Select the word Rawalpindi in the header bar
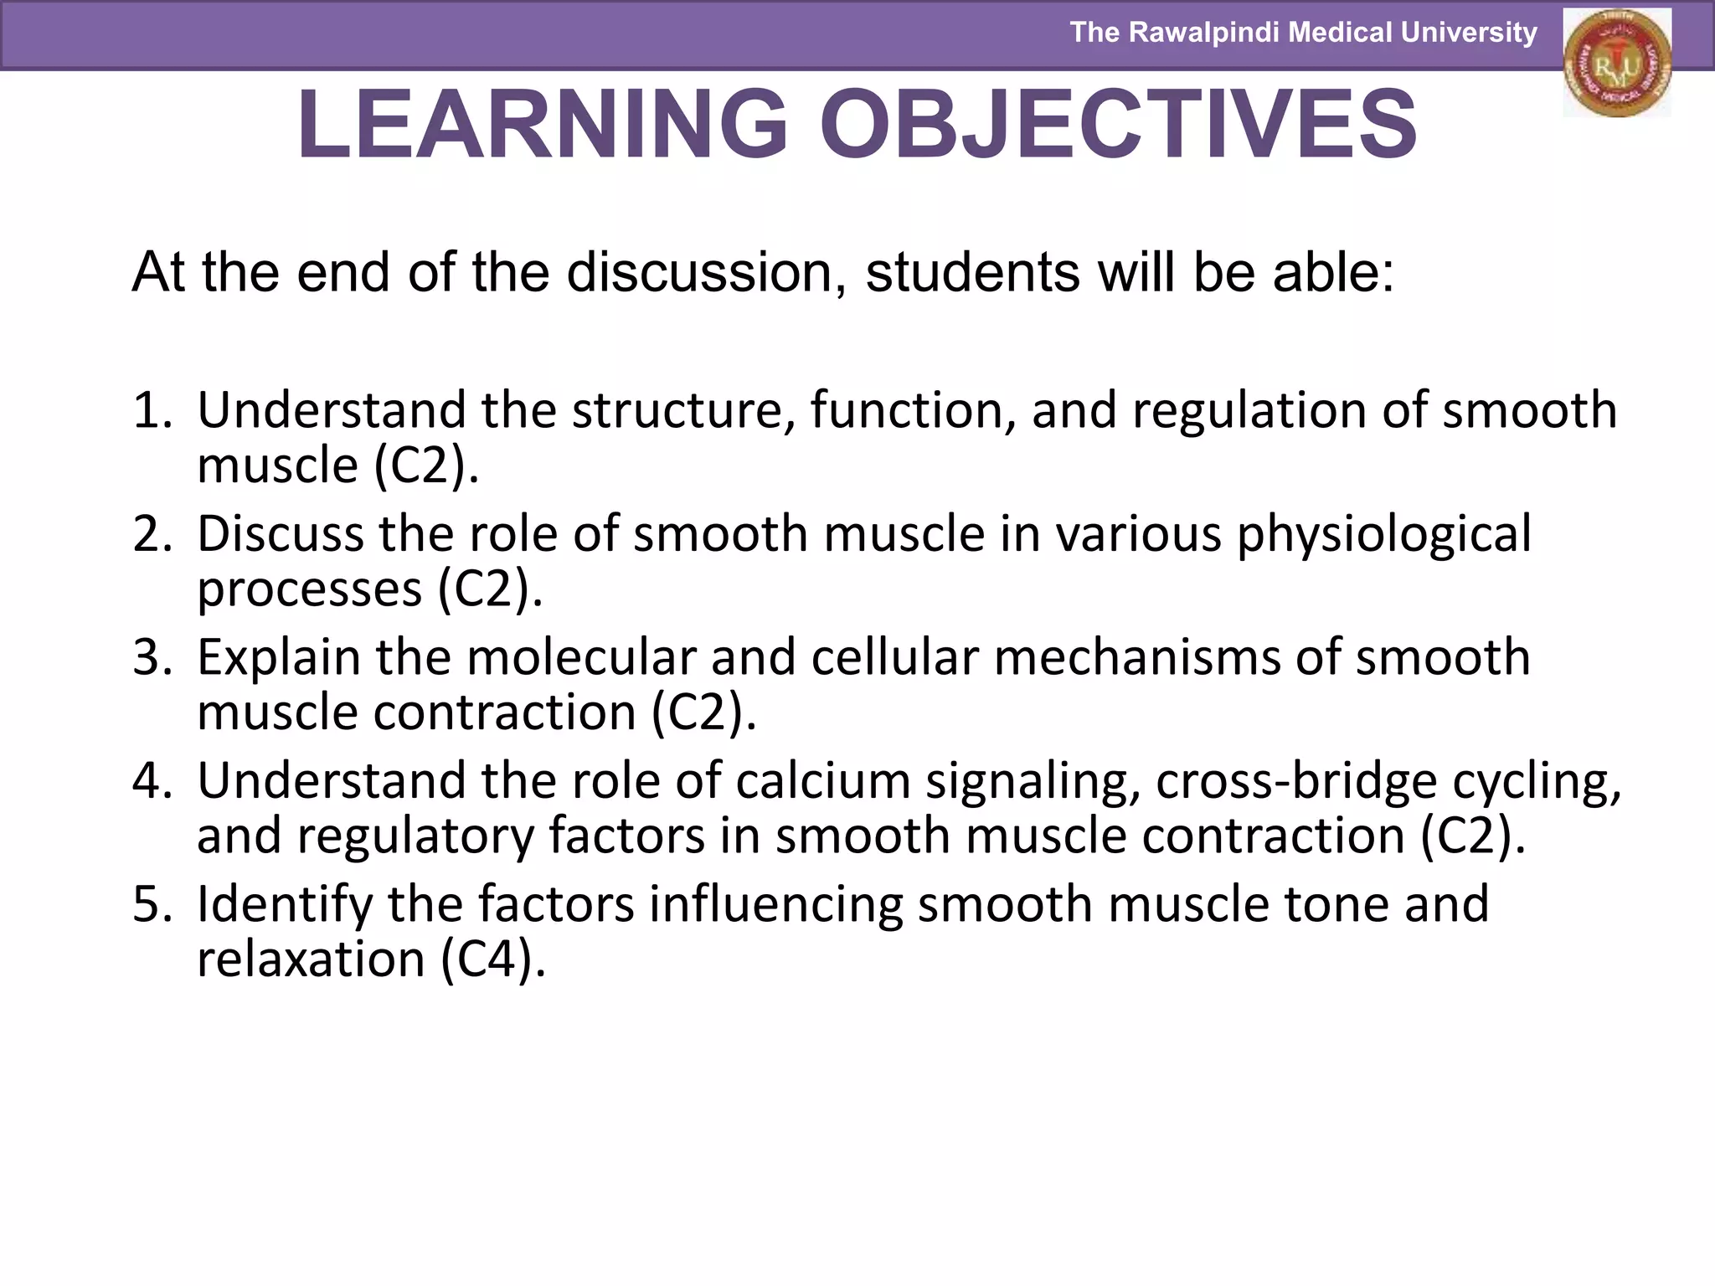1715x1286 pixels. (x=1202, y=33)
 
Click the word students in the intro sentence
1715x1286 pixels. (x=972, y=272)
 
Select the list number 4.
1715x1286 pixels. (x=151, y=781)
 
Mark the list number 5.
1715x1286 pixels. (x=151, y=904)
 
